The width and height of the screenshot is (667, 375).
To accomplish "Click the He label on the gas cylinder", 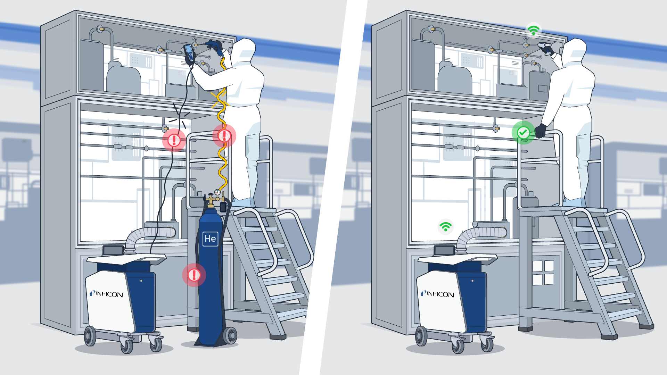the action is (210, 239).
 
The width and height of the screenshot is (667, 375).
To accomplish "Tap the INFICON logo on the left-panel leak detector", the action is (106, 294).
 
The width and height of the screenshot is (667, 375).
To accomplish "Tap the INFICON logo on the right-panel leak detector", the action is (437, 294).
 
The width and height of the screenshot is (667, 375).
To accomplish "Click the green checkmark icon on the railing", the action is (523, 132).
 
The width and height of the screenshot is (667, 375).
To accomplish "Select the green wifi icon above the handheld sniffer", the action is (533, 30).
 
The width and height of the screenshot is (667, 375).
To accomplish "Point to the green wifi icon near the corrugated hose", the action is (445, 227).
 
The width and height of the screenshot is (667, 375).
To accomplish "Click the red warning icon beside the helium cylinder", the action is (194, 275).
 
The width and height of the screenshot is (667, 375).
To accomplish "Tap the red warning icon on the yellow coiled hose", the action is (224, 136).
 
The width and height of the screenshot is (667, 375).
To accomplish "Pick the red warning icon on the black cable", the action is (174, 140).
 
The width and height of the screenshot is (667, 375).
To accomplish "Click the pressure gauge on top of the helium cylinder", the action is (217, 192).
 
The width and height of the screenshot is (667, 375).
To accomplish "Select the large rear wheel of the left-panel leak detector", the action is (90, 336).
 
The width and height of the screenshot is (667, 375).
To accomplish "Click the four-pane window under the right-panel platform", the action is (543, 273).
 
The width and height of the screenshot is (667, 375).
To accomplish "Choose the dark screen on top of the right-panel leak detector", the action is (444, 250).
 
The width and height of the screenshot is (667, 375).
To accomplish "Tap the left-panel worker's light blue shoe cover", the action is (243, 202).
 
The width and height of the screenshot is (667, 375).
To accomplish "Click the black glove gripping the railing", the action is (541, 131).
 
